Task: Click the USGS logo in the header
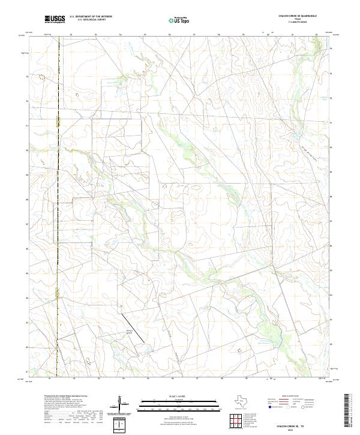point(55,20)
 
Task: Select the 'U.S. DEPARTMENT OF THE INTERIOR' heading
point(91,17)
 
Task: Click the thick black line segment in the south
point(134,328)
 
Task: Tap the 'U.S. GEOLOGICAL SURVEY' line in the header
point(91,21)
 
